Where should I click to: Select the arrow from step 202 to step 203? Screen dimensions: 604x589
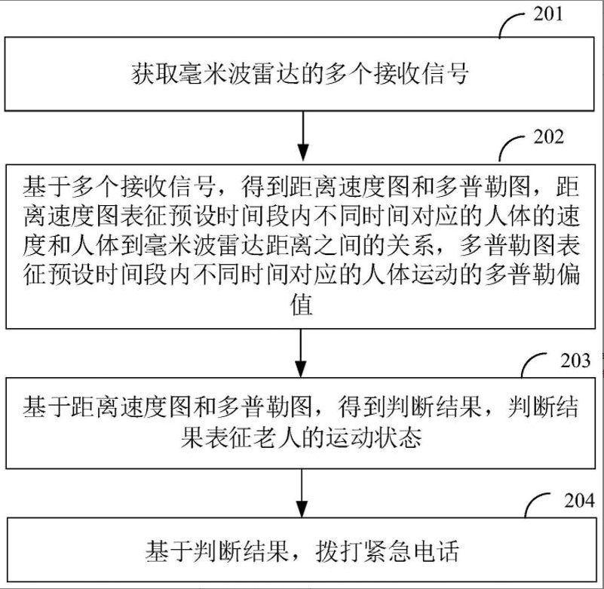coord(302,351)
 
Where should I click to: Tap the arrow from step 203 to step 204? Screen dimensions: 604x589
coord(302,491)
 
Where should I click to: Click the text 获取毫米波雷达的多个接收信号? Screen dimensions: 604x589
coord(302,75)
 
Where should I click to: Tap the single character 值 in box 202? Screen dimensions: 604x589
coord(302,307)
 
